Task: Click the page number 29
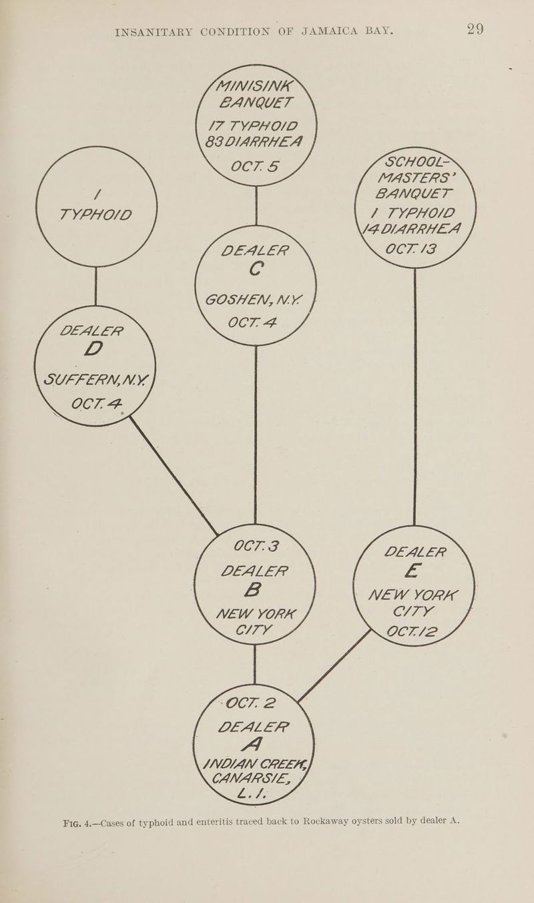(475, 29)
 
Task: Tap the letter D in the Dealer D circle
(93, 349)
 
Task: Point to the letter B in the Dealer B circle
(253, 590)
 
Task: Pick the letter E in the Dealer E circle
(413, 571)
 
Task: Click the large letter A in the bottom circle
(252, 745)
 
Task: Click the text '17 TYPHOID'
(253, 126)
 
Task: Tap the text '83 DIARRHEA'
(253, 142)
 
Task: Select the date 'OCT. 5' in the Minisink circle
(254, 166)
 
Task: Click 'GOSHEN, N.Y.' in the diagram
(254, 300)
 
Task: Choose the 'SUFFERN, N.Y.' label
(96, 379)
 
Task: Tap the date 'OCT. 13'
(411, 249)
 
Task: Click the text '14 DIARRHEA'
(411, 229)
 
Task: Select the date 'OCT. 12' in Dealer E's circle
(411, 631)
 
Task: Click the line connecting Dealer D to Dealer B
(174, 476)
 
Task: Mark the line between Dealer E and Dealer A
(334, 666)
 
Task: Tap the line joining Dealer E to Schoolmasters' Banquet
(415, 396)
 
